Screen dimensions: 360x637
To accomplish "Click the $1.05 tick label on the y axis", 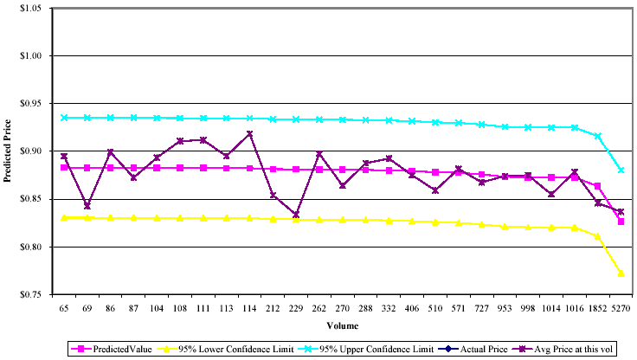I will pos(31,9).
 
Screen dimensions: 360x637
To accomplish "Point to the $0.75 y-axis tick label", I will pos(31,295).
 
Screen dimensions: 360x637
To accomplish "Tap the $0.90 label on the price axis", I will pos(31,151).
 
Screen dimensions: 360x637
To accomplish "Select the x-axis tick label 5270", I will pos(621,307).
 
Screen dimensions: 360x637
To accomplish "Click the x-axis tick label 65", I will pos(63,307).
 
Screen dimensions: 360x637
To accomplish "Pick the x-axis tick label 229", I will pos(296,307).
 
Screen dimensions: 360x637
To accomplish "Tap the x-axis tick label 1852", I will pos(597,307).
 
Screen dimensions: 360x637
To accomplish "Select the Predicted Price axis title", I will pos(10,152).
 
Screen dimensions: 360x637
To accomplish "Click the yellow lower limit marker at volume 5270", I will pos(621,273).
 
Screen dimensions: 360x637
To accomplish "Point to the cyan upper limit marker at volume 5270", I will pos(621,170).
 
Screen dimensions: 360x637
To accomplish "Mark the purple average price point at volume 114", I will pos(249,134).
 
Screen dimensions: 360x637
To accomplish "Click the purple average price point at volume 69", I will pos(87,206).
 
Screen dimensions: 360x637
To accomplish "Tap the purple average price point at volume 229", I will pos(296,215).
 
